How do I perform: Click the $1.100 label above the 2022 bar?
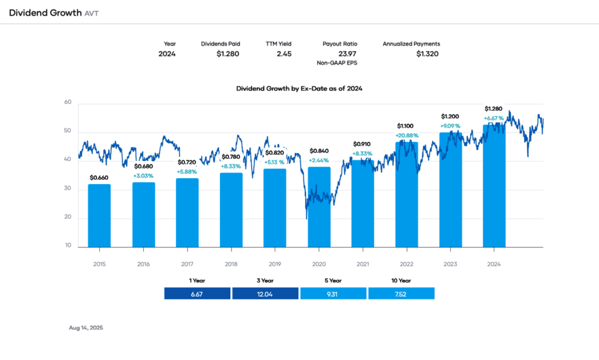pyautogui.click(x=405, y=126)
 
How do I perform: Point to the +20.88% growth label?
pyautogui.click(x=407, y=135)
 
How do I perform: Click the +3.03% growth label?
pyautogui.click(x=143, y=175)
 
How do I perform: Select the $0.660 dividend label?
pyautogui.click(x=99, y=178)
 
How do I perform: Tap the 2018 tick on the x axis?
pyautogui.click(x=231, y=264)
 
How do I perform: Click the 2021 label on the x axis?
pyautogui.click(x=363, y=264)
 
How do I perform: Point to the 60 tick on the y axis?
pyautogui.click(x=68, y=103)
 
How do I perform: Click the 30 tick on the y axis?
pyautogui.click(x=68, y=189)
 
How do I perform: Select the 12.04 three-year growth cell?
pyautogui.click(x=265, y=293)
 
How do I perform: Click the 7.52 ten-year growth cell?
pyautogui.click(x=401, y=293)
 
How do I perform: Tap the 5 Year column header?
pyautogui.click(x=333, y=280)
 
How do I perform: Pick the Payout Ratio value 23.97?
pyautogui.click(x=347, y=54)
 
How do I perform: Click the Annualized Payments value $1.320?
pyautogui.click(x=427, y=54)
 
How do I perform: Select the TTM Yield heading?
pyautogui.click(x=278, y=43)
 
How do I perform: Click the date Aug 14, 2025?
pyautogui.click(x=86, y=327)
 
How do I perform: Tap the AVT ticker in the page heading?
pyautogui.click(x=92, y=13)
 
